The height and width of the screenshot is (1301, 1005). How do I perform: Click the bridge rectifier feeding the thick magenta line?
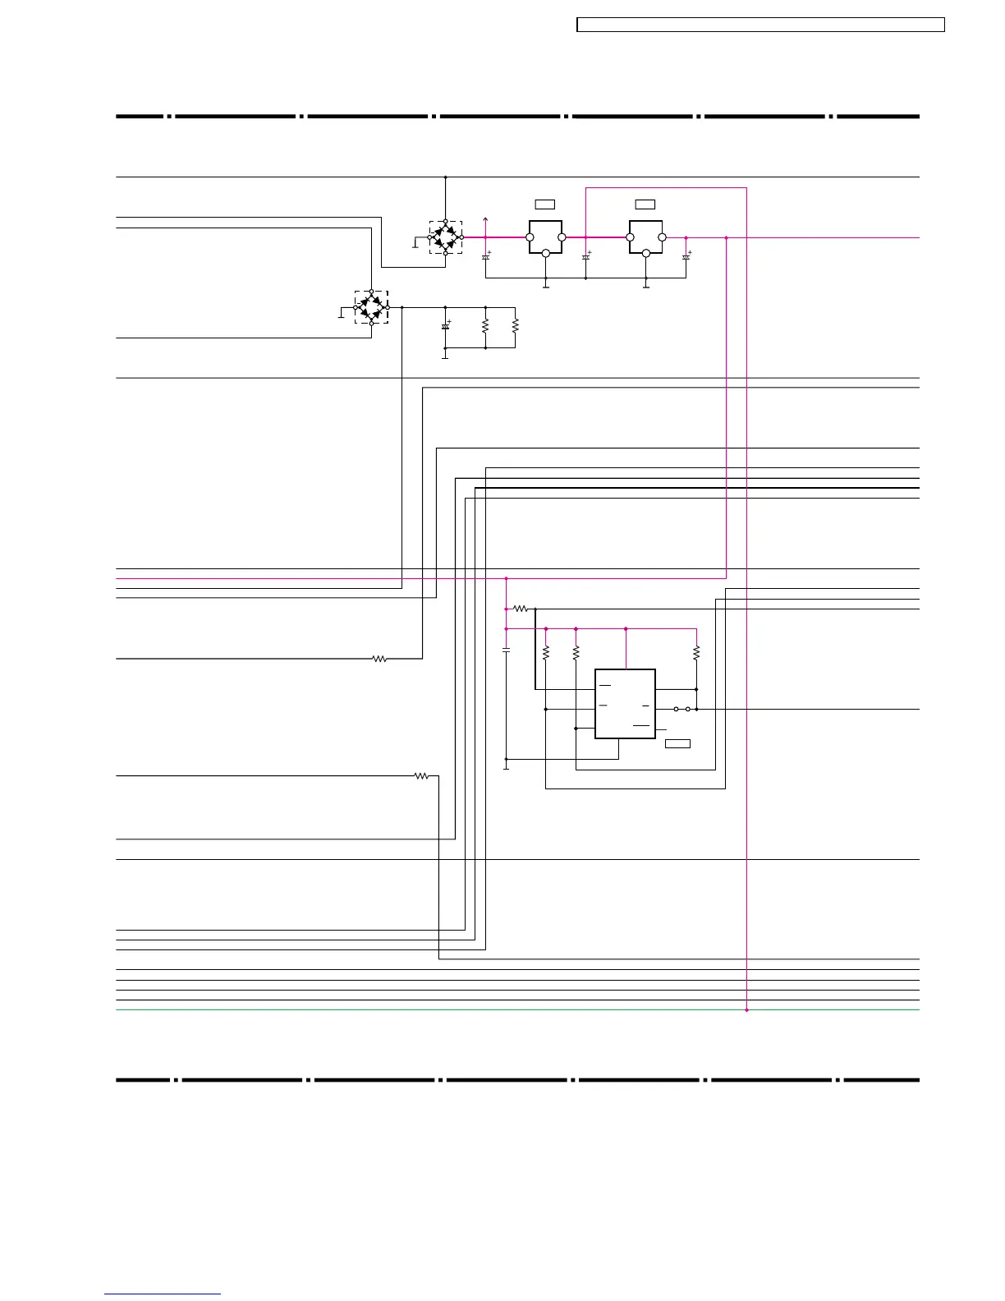click(x=445, y=237)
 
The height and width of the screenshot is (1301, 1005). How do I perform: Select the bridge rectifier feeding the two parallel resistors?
click(x=371, y=307)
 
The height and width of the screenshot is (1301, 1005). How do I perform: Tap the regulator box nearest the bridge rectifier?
click(x=545, y=237)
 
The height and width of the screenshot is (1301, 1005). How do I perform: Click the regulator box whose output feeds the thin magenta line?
click(x=645, y=237)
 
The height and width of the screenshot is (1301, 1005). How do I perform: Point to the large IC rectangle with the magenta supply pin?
click(x=625, y=704)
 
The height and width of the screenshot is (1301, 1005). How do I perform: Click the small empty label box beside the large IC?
click(x=677, y=743)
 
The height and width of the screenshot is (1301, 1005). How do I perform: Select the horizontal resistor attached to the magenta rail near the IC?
click(x=520, y=609)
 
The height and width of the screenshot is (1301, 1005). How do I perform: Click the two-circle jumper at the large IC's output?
click(x=681, y=709)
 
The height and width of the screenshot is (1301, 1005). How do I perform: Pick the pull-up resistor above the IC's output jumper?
click(x=696, y=653)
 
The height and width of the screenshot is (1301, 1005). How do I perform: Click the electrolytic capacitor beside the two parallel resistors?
click(x=446, y=326)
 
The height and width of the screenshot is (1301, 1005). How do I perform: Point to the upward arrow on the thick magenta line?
click(x=486, y=219)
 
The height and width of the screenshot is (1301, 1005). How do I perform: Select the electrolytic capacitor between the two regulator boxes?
click(x=585, y=257)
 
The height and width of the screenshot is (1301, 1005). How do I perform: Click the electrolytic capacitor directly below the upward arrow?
click(x=485, y=257)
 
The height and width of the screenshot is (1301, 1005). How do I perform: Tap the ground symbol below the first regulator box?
click(x=546, y=286)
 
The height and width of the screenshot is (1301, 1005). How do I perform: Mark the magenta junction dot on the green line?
click(x=746, y=1009)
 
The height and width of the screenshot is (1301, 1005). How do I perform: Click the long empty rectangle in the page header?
click(x=760, y=25)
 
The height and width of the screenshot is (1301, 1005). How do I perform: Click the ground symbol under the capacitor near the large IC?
click(x=506, y=766)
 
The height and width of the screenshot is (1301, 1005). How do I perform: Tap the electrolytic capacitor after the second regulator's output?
click(x=686, y=257)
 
